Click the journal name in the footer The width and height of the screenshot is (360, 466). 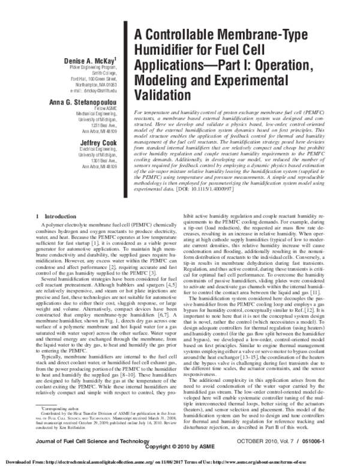(85, 441)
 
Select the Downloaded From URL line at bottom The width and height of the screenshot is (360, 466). (180, 461)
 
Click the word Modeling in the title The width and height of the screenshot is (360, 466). (168, 80)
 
